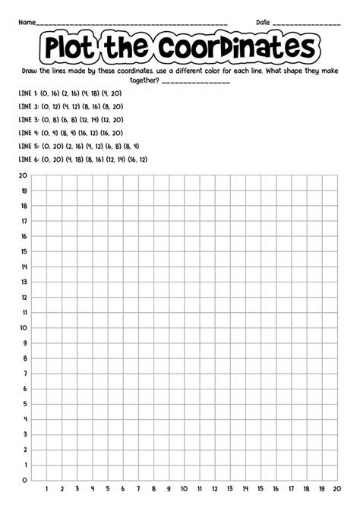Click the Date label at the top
click(263, 21)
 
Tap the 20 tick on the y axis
click(24, 175)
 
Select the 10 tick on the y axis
click(24, 328)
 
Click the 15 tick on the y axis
click(24, 251)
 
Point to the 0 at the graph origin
click(25, 480)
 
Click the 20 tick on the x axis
click(334, 490)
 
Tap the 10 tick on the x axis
click(183, 490)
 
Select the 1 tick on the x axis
click(47, 490)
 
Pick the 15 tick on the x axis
click(259, 490)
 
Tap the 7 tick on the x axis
click(137, 490)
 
